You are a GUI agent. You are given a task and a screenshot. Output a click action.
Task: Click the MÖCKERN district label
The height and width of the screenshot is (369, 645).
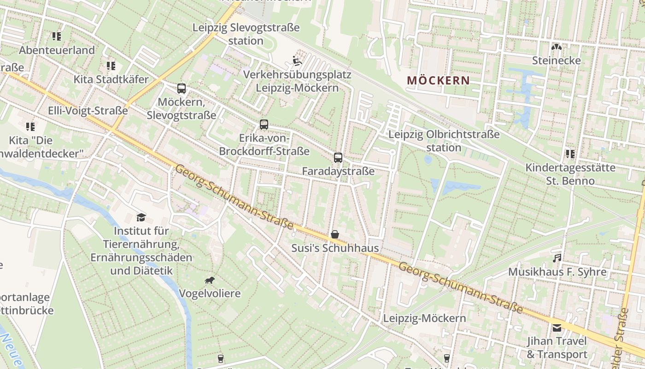tap(439, 81)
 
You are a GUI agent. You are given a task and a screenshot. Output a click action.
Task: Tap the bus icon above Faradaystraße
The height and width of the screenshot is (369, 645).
tap(338, 158)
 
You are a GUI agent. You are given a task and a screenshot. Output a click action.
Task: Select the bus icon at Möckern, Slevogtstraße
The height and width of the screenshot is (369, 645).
tap(182, 89)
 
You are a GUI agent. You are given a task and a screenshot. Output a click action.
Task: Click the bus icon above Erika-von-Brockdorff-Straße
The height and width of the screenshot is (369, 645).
tap(264, 124)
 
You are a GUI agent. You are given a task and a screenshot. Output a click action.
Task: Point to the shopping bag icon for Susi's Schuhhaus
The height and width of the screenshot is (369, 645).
tap(335, 234)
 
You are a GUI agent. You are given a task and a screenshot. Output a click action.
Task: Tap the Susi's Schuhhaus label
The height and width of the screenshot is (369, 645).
tap(335, 248)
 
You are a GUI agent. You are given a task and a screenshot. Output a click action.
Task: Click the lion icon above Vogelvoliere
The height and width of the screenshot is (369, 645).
tap(210, 280)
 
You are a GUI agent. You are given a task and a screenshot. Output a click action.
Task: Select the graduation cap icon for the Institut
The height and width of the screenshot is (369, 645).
tap(141, 217)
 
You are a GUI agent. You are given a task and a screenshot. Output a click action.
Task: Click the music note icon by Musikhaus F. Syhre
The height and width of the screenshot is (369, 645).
tap(557, 258)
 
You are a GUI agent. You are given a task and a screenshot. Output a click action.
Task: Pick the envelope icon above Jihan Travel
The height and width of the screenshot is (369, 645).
tap(557, 328)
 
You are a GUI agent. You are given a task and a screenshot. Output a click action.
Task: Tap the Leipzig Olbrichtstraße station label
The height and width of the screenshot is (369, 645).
tap(444, 141)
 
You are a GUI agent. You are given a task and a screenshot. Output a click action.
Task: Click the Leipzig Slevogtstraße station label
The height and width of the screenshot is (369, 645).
tap(246, 34)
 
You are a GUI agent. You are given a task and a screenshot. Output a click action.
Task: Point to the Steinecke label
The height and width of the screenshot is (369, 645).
tap(556, 60)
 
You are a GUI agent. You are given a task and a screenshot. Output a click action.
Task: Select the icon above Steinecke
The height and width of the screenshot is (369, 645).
tap(557, 47)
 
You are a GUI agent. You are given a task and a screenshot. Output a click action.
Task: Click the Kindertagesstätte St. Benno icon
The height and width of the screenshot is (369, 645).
tap(570, 154)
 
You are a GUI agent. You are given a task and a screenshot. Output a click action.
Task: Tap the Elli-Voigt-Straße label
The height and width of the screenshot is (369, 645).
tap(88, 111)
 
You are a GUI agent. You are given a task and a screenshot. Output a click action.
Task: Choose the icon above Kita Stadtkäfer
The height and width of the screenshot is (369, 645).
tap(111, 66)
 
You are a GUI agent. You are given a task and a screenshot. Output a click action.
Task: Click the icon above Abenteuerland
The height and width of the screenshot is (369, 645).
tap(57, 36)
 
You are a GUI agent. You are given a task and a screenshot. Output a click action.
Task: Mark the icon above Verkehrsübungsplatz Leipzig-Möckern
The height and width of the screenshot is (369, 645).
tap(297, 60)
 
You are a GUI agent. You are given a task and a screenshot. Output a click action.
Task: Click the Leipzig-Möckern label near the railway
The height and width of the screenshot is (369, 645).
tap(424, 318)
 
